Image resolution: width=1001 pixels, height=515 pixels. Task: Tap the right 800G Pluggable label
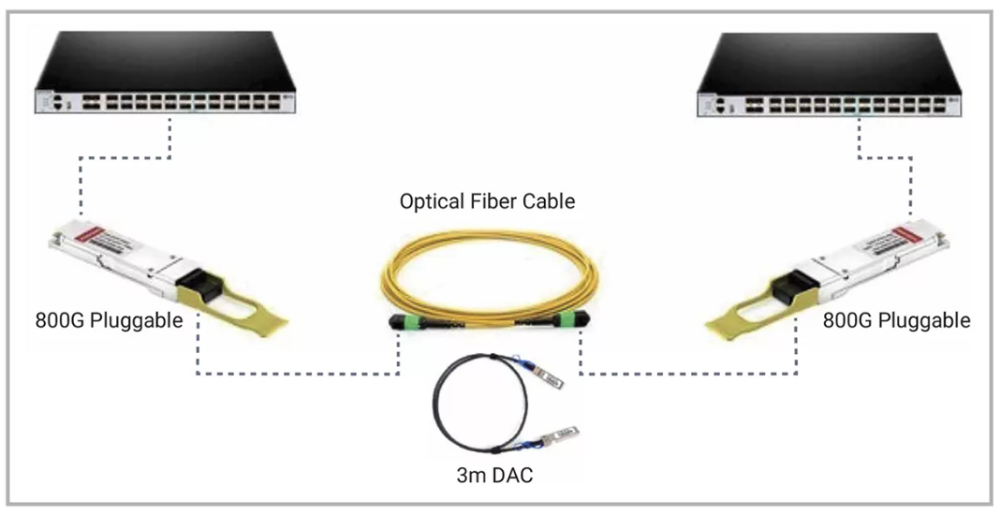tap(896, 320)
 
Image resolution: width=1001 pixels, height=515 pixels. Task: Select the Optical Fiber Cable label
tap(487, 201)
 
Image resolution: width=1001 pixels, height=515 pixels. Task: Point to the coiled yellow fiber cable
tap(487, 272)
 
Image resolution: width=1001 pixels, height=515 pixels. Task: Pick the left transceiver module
tap(140, 262)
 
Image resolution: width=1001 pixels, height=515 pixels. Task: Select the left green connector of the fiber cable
tap(409, 324)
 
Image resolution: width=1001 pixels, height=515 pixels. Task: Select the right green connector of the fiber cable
tap(566, 325)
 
